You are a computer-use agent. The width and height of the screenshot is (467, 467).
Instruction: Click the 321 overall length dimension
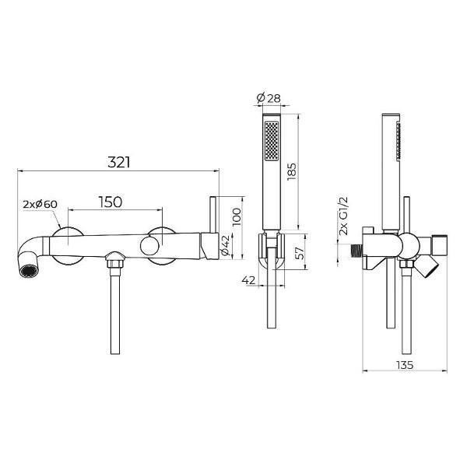[x=119, y=163]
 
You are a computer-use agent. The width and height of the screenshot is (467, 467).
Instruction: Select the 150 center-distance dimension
[x=111, y=202]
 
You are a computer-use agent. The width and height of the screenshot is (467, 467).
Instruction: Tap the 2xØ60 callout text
[x=40, y=204]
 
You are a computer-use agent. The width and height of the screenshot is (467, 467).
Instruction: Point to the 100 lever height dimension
[x=237, y=216]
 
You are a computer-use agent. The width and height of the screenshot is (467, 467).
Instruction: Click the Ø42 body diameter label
[x=226, y=245]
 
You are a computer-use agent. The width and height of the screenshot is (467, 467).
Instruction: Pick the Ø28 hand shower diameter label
[x=269, y=98]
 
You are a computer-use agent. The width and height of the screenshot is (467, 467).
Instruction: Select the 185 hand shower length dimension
[x=292, y=171]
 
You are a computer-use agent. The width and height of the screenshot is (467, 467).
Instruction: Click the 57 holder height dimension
[x=300, y=252]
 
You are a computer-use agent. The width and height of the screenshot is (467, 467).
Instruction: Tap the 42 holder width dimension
[x=249, y=280]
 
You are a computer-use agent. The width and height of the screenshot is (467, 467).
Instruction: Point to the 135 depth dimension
[x=405, y=365]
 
